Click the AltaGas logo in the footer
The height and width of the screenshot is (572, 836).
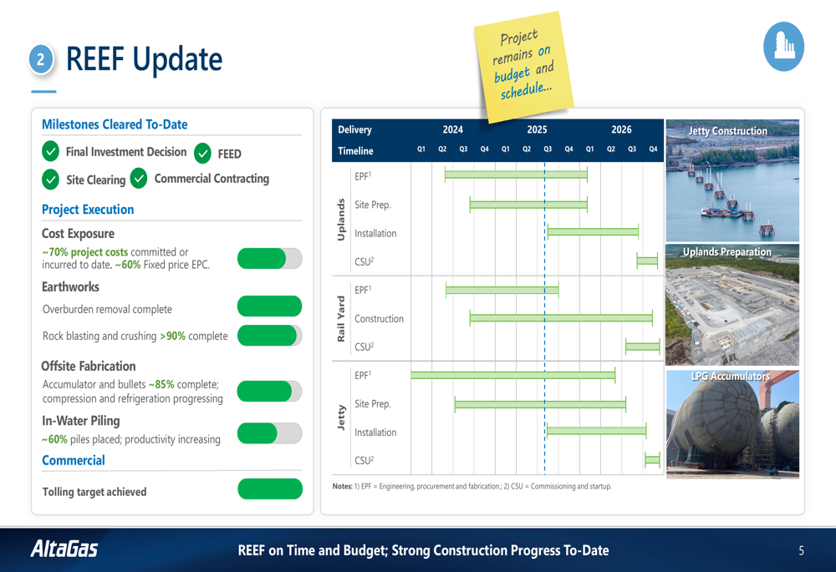click(64, 549)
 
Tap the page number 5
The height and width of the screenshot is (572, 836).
click(801, 550)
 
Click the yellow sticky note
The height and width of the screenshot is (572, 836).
click(524, 67)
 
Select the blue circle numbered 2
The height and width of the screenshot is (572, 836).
click(40, 59)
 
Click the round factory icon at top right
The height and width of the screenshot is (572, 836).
click(783, 46)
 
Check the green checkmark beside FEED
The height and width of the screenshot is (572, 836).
click(202, 154)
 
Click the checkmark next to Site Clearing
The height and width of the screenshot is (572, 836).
click(51, 180)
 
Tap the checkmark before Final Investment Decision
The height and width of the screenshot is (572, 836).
click(51, 151)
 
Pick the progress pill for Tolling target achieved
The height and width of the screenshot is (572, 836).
click(270, 489)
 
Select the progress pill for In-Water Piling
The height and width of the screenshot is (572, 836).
click(270, 433)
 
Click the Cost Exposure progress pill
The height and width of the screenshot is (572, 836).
click(270, 258)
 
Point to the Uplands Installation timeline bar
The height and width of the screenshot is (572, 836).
click(593, 231)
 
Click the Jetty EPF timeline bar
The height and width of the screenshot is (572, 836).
click(513, 375)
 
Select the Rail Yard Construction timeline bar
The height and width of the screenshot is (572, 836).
click(561, 318)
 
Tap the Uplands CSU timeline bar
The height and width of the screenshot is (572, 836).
click(647, 261)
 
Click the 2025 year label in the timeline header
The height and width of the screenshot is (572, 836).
click(537, 129)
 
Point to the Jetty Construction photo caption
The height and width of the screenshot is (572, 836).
click(728, 131)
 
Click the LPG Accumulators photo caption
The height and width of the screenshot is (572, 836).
click(731, 377)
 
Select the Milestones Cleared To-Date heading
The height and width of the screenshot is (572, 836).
click(115, 124)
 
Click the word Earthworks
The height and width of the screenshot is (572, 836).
click(70, 287)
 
